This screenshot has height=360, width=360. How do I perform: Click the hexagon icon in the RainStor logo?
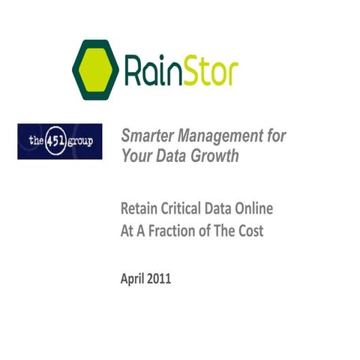tap(95, 69)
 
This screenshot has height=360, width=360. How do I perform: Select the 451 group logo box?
tap(59, 142)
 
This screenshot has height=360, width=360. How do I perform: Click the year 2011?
tap(160, 279)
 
